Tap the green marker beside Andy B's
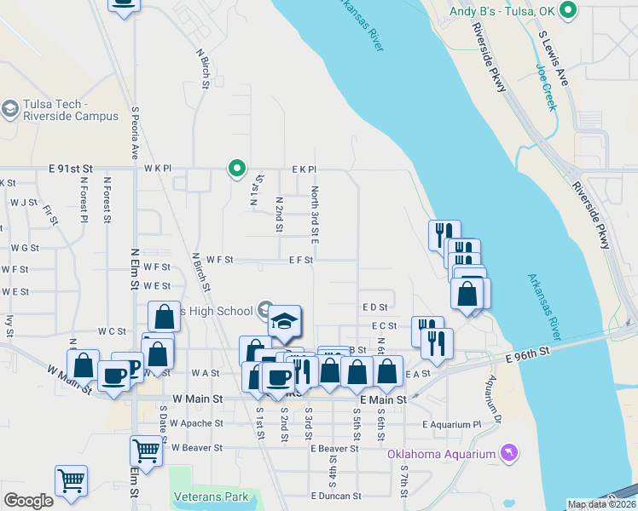click(571, 11)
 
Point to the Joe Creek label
click(546, 88)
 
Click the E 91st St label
click(26, 169)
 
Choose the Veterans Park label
click(210, 497)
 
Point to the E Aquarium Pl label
click(451, 424)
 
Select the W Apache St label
click(196, 422)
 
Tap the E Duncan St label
click(336, 496)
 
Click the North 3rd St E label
click(315, 216)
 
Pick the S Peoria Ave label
click(135, 133)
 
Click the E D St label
click(374, 307)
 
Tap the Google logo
click(28, 502)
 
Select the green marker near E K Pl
click(237, 169)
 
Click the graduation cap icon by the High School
click(286, 320)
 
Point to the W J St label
click(24, 203)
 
